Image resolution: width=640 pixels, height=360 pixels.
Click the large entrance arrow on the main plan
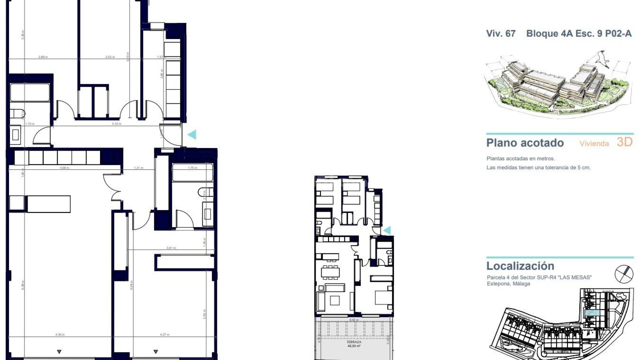pyautogui.click(x=192, y=135)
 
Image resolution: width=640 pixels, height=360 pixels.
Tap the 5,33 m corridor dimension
pyautogui.click(x=117, y=124)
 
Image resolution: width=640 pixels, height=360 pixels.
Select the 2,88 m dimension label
pyautogui.click(x=43, y=57)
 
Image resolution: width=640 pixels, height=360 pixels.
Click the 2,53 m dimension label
pyautogui.click(x=110, y=57)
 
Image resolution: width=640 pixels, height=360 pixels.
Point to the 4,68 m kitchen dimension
pyautogui.click(x=64, y=168)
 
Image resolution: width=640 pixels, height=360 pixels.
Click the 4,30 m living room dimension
pyautogui.click(x=60, y=334)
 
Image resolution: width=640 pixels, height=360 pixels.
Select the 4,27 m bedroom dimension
pyautogui.click(x=165, y=334)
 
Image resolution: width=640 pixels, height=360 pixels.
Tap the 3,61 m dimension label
pyautogui.click(x=171, y=248)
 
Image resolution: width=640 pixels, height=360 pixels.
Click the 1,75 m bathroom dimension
pyautogui.click(x=193, y=168)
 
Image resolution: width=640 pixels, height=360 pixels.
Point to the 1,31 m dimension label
pyautogui.click(x=139, y=168)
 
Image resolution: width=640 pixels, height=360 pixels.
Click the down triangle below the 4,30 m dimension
pyautogui.click(x=59, y=352)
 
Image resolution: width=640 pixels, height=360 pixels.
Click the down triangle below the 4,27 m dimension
pyautogui.click(x=155, y=352)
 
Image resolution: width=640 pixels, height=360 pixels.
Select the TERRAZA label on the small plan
pyautogui.click(x=354, y=342)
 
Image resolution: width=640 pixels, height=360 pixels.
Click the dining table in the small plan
pyautogui.click(x=330, y=273)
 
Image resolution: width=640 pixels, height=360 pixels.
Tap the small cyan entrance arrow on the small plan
pyautogui.click(x=387, y=230)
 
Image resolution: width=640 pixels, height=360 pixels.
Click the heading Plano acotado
pyautogui.click(x=525, y=143)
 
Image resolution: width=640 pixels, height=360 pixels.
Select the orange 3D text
pyautogui.click(x=624, y=142)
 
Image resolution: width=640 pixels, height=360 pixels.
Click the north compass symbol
pyautogui.click(x=624, y=274)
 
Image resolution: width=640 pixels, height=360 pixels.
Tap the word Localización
pyautogui.click(x=520, y=266)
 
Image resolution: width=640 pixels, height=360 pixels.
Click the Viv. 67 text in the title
pyautogui.click(x=501, y=34)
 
